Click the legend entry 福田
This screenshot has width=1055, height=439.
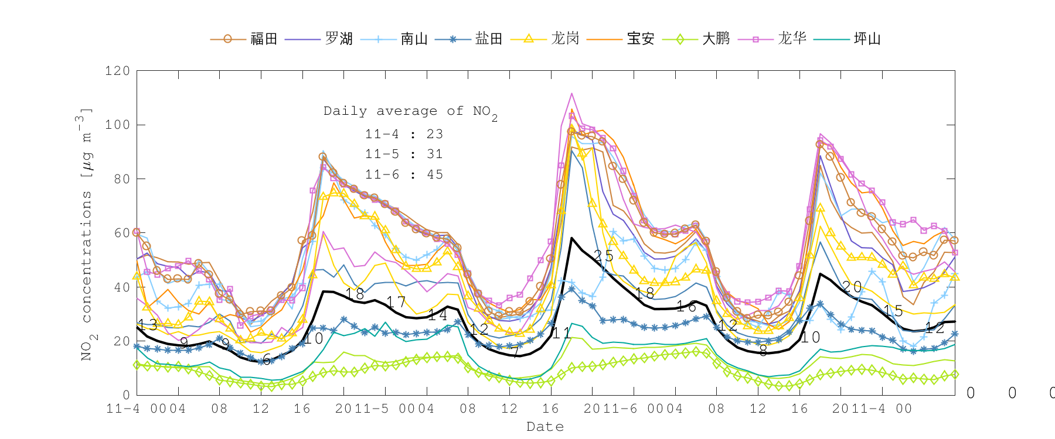point(263,39)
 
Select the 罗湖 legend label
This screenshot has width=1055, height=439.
point(339,39)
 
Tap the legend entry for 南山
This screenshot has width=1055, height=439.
point(414,39)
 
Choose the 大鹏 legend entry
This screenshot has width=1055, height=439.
point(716,39)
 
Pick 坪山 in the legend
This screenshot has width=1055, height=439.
point(867,39)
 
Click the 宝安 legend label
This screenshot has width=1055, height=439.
point(640,39)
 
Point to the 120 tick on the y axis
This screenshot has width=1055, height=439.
point(117,71)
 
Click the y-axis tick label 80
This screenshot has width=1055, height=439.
point(122,179)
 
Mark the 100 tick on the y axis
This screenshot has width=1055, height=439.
point(117,125)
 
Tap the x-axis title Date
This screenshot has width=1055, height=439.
point(545,427)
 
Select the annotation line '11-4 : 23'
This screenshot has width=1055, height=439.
point(404,134)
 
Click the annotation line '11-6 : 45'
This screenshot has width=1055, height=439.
point(404,174)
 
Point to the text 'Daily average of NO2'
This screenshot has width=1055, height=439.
point(410,112)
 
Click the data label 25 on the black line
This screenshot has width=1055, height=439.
point(603,256)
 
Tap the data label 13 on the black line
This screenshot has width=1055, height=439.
point(147,325)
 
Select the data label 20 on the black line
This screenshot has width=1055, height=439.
point(852,287)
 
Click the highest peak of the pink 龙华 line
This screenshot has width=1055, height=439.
point(571,94)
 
